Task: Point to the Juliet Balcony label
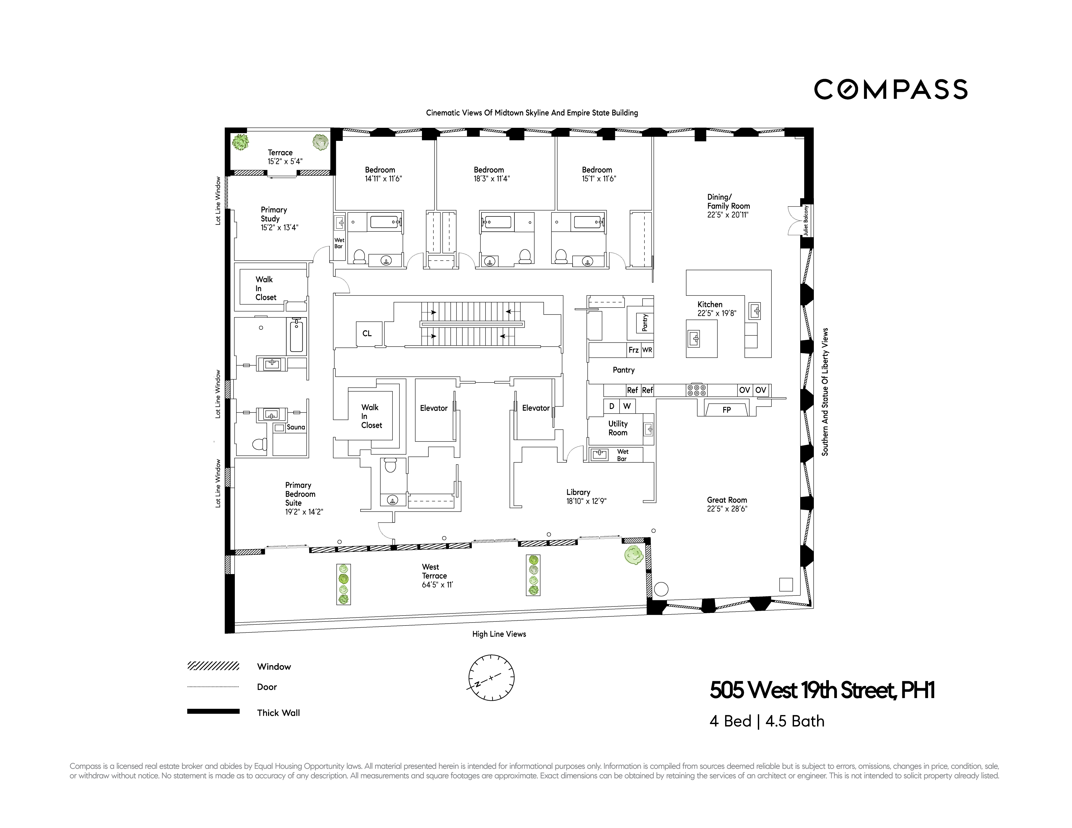pyautogui.click(x=806, y=220)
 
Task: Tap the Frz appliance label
pyautogui.click(x=633, y=350)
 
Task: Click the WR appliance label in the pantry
pyautogui.click(x=647, y=350)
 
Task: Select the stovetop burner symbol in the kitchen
pyautogui.click(x=696, y=390)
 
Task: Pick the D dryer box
pyautogui.click(x=611, y=406)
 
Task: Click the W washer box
pyautogui.click(x=627, y=406)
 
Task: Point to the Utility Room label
pyautogui.click(x=618, y=428)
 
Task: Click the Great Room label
pyautogui.click(x=726, y=500)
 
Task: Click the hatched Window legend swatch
pyautogui.click(x=213, y=666)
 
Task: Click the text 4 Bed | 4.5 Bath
pyautogui.click(x=767, y=721)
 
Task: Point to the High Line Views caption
pyautogui.click(x=499, y=634)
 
